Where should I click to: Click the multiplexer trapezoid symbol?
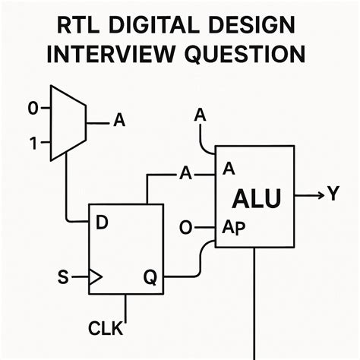(x=68, y=122)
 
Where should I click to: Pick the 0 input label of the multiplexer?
(x=33, y=109)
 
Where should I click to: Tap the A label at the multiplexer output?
(x=119, y=120)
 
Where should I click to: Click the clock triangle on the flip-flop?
(x=95, y=278)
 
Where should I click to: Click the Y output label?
(x=333, y=195)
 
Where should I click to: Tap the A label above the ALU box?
(x=201, y=115)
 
